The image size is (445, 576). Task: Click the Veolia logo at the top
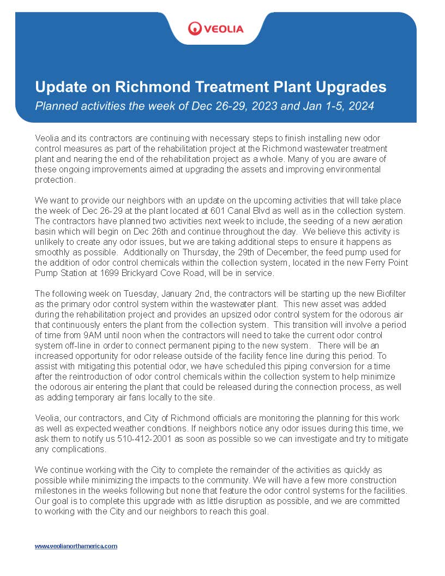215,28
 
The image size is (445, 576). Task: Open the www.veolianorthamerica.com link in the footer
76,546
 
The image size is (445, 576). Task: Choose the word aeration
386,221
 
